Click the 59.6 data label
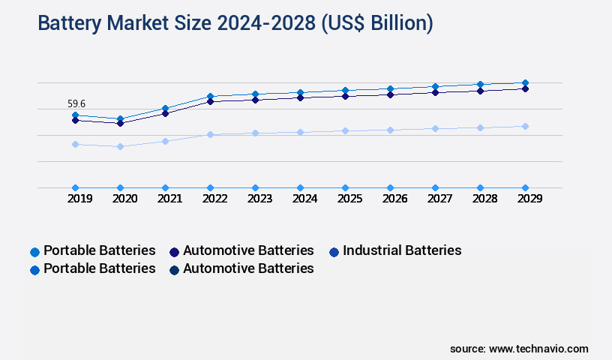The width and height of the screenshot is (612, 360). [76, 103]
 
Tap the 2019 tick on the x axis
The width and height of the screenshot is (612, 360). [79, 199]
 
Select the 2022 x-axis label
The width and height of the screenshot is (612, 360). [214, 199]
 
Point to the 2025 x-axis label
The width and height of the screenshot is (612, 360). [349, 199]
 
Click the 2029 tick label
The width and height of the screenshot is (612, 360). [529, 199]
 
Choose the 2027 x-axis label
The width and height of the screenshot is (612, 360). [439, 199]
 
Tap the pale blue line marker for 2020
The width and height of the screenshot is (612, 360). [120, 146]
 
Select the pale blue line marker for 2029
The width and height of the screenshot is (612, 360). [525, 126]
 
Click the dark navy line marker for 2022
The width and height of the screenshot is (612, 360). [210, 101]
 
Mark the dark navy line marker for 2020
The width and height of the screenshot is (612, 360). [120, 123]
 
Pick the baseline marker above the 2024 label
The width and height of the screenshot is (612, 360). [300, 187]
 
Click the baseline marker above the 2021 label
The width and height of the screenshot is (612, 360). [165, 187]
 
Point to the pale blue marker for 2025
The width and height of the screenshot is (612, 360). [345, 130]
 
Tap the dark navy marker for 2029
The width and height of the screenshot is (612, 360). [525, 88]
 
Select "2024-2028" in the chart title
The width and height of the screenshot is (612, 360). [265, 23]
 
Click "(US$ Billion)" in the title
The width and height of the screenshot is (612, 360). [376, 23]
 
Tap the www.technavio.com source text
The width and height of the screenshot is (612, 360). [538, 349]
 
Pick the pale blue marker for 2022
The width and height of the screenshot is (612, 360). [210, 134]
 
